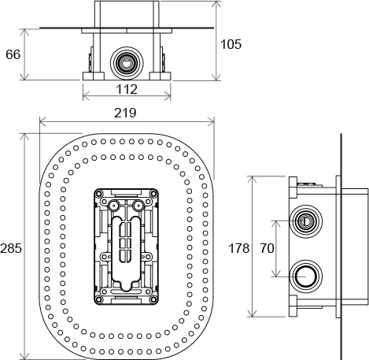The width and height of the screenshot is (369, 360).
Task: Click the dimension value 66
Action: (13, 54)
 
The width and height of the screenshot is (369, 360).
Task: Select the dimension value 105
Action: (231, 44)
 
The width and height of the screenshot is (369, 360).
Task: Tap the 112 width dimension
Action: (127, 89)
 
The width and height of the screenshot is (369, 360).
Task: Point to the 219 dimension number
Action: (125, 113)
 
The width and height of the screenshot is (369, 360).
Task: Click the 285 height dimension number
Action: (11, 248)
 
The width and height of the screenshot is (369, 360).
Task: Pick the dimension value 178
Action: (239, 248)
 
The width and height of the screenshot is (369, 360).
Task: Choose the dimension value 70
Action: (268, 248)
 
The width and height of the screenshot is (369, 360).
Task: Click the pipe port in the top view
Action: (127, 63)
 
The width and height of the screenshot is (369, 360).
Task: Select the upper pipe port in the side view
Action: (305, 221)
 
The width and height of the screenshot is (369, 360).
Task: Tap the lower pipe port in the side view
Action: (305, 276)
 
